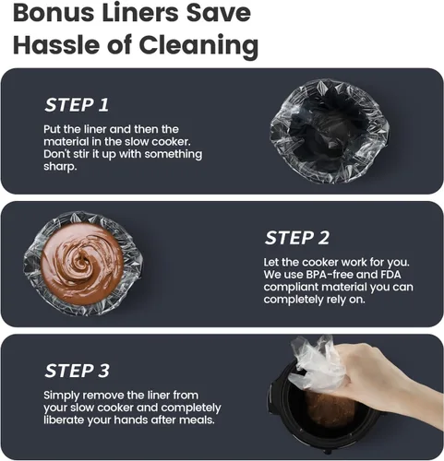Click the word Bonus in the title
click(x=54, y=13)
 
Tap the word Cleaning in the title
click(x=198, y=45)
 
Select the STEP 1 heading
click(x=77, y=105)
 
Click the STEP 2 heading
click(x=297, y=238)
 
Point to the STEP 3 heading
click(x=77, y=371)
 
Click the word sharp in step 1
click(x=59, y=167)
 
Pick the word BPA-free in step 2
click(x=329, y=275)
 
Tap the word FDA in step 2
click(x=390, y=275)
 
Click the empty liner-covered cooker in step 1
click(x=330, y=131)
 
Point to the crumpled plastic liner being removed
click(x=317, y=364)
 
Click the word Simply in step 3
click(x=63, y=396)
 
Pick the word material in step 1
click(x=62, y=142)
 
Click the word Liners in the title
click(x=140, y=13)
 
